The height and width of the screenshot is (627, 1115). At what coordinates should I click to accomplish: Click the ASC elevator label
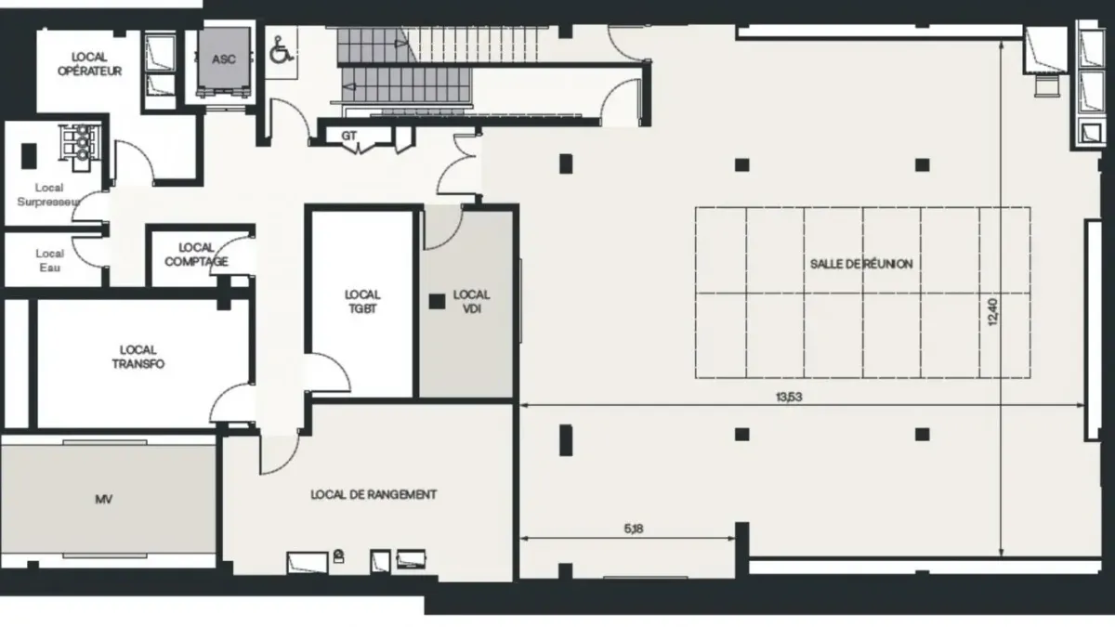tap(224, 59)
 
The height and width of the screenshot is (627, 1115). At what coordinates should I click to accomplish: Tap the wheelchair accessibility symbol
tap(282, 51)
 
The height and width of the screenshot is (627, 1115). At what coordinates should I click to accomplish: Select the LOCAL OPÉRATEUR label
tap(89, 64)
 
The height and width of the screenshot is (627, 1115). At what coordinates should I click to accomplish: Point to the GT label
tap(349, 136)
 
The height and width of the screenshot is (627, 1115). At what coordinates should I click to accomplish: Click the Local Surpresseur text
tap(48, 194)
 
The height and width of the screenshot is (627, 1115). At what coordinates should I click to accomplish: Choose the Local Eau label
tap(50, 260)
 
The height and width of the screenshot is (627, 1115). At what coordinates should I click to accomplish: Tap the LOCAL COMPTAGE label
tap(196, 255)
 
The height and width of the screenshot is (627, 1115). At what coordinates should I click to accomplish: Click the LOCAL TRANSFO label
tap(138, 357)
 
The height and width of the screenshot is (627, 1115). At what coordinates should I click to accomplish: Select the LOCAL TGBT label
tap(362, 302)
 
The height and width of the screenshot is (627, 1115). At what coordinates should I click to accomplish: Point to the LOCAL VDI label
tap(471, 302)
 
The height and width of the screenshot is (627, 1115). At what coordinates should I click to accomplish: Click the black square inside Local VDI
tap(437, 301)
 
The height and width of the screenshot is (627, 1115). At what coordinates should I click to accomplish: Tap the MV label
tap(103, 499)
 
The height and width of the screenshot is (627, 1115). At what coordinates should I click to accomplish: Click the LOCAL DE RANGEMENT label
tap(374, 494)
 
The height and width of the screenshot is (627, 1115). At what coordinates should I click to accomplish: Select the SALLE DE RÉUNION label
tap(861, 264)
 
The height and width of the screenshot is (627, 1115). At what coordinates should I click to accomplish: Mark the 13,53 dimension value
tap(789, 397)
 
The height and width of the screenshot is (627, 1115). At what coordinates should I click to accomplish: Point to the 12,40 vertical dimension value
tap(992, 312)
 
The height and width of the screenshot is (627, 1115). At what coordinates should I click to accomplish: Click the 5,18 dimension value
tap(634, 529)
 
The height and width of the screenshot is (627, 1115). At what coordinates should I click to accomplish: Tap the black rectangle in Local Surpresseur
tap(29, 156)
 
